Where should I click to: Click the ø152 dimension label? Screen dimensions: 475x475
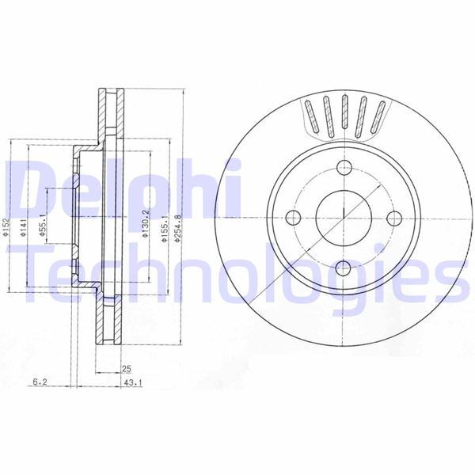pos(5,226)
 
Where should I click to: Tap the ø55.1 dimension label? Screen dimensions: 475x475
pos(42,225)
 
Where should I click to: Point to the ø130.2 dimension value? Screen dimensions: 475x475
pos(146,224)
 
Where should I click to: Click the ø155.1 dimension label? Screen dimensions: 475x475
pos(164,229)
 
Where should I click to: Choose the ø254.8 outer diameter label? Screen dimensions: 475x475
pos(178,228)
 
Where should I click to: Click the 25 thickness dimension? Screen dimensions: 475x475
pos(127,369)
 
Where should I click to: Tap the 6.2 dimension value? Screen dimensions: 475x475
pos(40,382)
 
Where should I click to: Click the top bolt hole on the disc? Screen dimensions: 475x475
pos(344,168)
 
